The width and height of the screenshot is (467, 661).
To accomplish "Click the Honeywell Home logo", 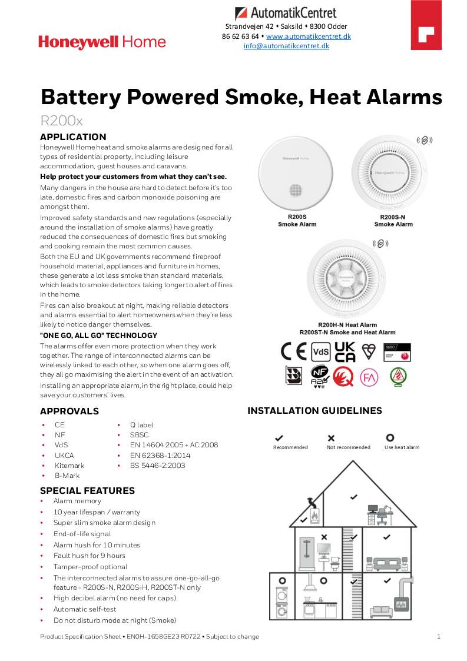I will (x=102, y=42).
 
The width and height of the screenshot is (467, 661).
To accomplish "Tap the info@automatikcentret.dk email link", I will (x=286, y=46).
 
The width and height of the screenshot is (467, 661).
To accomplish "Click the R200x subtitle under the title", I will (x=61, y=121).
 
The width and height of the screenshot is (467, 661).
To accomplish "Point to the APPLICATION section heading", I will (x=73, y=137).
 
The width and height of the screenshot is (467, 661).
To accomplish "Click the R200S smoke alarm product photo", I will (x=297, y=174).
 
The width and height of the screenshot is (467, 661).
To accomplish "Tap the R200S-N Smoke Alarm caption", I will (x=393, y=221).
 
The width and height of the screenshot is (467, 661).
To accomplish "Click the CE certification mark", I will (x=293, y=351).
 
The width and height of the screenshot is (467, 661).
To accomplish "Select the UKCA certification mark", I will (x=345, y=351).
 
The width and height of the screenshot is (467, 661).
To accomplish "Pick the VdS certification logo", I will (x=320, y=352).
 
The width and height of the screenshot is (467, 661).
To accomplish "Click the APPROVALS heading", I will (x=69, y=411).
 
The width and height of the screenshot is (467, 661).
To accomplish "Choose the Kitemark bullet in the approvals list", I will (x=69, y=466).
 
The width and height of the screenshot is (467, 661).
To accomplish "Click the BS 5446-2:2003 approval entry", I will (x=157, y=466).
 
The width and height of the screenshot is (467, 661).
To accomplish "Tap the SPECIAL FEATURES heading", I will (x=87, y=490).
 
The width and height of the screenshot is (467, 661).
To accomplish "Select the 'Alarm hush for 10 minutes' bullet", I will (x=97, y=545).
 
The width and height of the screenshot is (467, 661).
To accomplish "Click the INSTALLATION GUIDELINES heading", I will (x=314, y=411).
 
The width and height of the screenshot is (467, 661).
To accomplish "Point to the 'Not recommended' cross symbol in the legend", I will (x=331, y=438).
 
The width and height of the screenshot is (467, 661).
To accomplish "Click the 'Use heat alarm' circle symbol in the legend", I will (x=389, y=438).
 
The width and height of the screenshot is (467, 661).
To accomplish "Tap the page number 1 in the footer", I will (x=439, y=636).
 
